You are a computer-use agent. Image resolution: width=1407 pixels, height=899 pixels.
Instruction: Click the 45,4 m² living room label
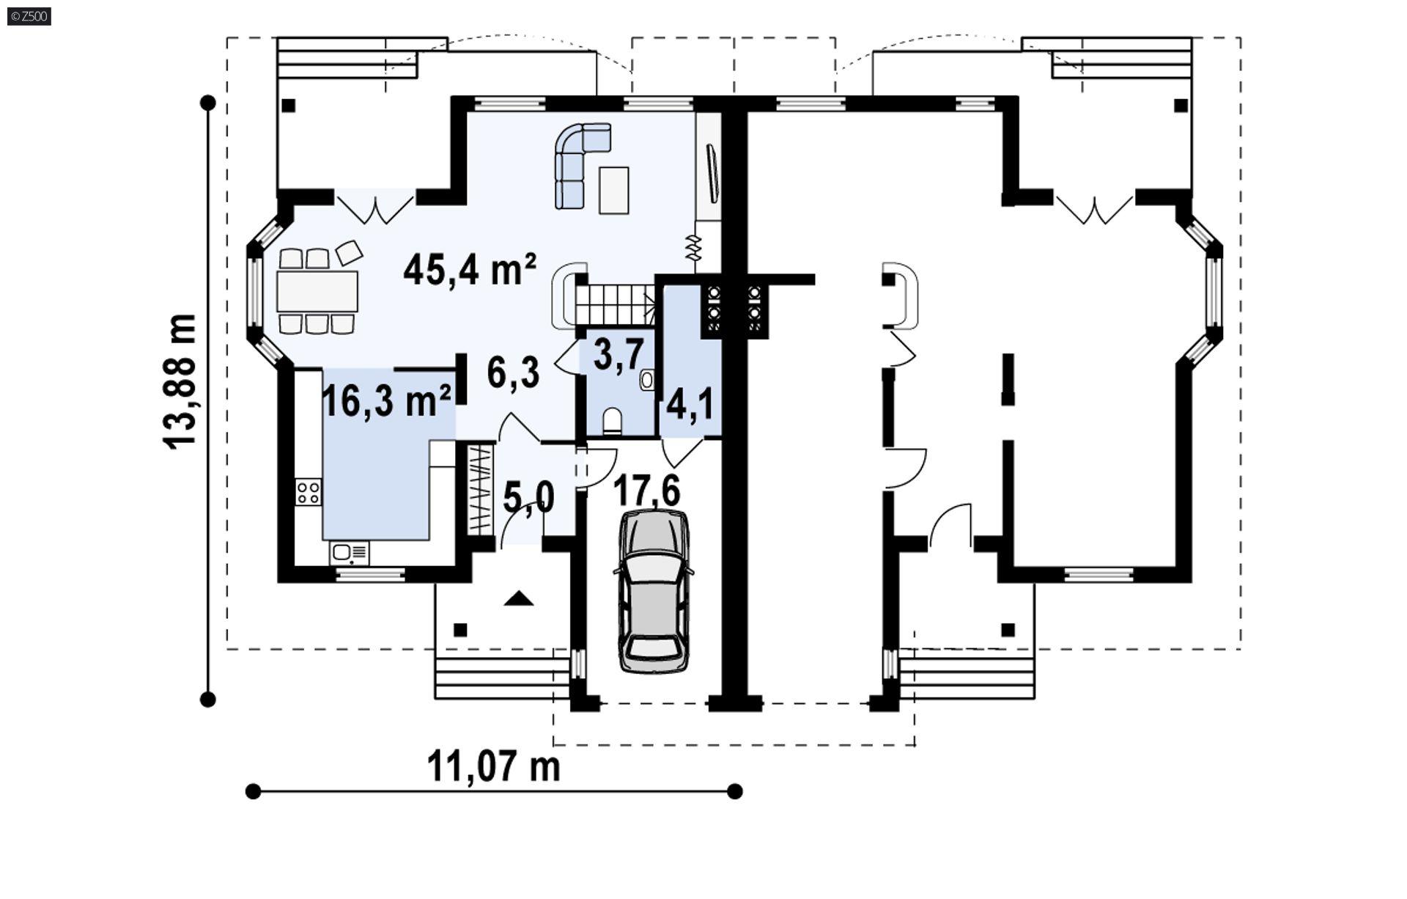[470, 270]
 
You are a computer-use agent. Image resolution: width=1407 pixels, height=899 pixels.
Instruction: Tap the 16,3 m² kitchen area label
[386, 401]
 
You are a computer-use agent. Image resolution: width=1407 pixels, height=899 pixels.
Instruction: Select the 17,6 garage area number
[646, 491]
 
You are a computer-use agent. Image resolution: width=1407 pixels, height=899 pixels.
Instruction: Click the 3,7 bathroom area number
[618, 355]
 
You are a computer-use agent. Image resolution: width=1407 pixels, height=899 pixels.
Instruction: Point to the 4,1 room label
[690, 405]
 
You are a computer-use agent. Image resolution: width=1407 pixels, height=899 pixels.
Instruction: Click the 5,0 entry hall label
[528, 499]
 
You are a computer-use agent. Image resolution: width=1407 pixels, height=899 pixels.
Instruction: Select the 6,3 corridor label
[513, 373]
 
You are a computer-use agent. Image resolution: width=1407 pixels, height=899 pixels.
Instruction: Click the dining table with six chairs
[317, 291]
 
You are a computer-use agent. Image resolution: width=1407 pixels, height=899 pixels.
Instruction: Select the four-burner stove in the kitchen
[308, 492]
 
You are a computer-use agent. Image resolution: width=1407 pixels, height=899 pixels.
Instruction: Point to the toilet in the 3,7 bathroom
[612, 422]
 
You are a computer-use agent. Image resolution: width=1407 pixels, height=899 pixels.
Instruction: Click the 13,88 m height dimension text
[179, 381]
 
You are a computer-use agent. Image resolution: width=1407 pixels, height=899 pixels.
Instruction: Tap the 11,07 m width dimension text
[493, 767]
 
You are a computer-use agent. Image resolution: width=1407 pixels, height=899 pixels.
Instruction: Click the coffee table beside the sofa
[613, 190]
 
